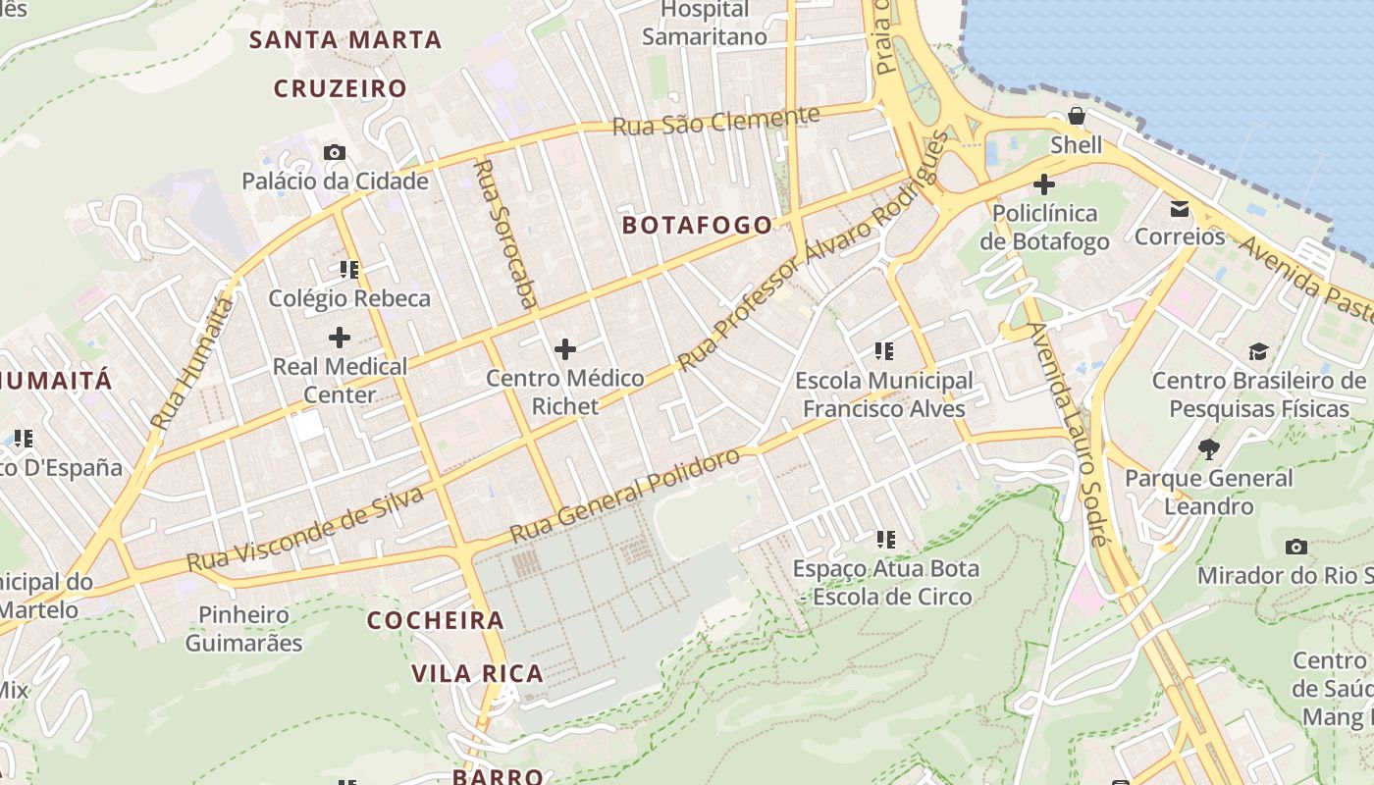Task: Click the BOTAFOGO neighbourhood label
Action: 698,225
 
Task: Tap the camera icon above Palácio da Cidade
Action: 335,152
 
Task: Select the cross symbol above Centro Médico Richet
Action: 564,348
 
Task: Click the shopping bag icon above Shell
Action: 1077,116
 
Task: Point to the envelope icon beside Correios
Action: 1179,208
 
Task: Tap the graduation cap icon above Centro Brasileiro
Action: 1258,351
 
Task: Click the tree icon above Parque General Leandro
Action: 1209,449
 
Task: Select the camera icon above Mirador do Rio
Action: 1295,547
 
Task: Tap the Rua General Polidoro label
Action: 624,497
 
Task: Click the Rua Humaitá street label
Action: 192,364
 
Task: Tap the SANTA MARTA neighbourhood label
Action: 345,40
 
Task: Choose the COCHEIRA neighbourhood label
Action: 436,620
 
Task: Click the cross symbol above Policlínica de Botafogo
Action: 1044,183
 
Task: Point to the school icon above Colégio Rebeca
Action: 349,269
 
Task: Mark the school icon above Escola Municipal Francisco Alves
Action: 884,350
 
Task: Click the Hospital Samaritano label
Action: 705,24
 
